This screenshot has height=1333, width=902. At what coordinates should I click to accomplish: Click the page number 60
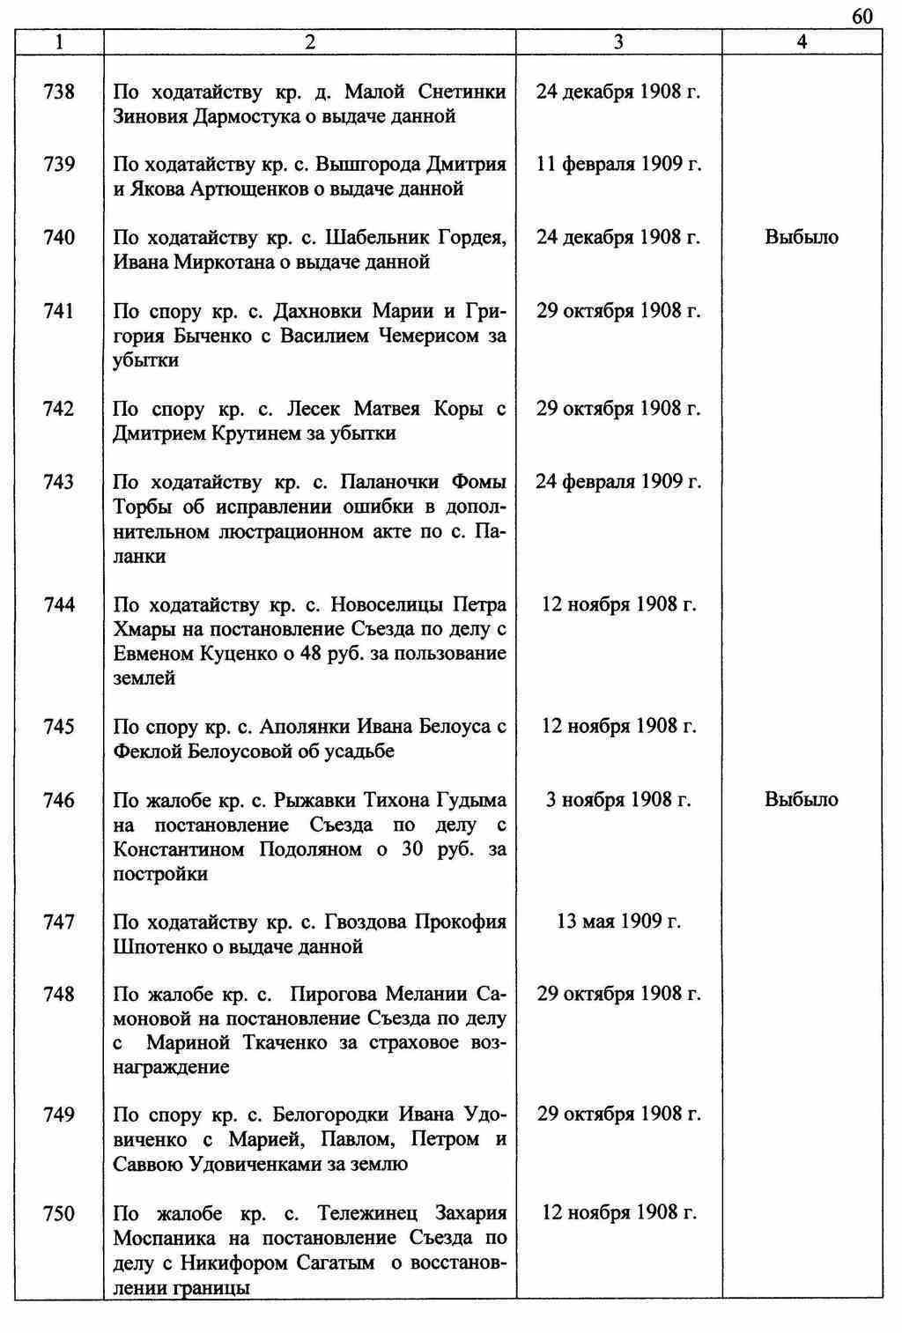click(x=862, y=17)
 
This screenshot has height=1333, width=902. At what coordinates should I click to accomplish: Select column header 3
click(x=618, y=41)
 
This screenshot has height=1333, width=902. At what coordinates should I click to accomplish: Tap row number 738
click(x=59, y=92)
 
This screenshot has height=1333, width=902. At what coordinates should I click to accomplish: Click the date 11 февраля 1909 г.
click(x=618, y=164)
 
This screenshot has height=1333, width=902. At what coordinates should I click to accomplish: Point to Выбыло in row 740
click(x=802, y=237)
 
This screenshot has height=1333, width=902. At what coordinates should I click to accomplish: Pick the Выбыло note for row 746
click(x=802, y=800)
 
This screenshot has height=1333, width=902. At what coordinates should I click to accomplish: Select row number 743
click(x=59, y=482)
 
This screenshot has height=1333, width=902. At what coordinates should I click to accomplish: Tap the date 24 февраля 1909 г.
click(x=618, y=482)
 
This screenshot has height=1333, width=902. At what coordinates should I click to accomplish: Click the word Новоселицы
click(x=388, y=604)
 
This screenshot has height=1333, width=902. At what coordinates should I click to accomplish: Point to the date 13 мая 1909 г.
click(x=618, y=922)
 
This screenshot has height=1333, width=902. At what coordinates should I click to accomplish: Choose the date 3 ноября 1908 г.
click(x=618, y=800)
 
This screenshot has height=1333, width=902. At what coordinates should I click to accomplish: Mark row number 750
click(x=59, y=1214)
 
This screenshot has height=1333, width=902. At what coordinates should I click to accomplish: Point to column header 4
click(x=802, y=41)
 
